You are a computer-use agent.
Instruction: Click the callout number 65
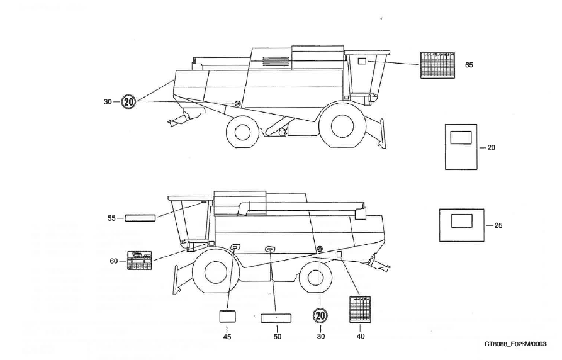pos(469,65)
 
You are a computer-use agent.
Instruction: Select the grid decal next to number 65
pos(437,65)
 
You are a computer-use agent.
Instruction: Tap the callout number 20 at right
pos(492,147)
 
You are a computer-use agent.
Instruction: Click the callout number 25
pos(498,225)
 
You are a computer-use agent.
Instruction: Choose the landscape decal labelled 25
pos(461,225)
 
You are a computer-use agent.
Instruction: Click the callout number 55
pos(111,218)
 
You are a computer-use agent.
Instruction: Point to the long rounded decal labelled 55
pos(140,218)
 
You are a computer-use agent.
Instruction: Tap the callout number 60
pos(114,261)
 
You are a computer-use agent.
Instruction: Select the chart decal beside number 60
pos(139,261)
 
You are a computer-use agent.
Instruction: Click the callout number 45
pos(227,337)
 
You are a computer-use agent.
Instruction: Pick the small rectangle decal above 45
pos(227,317)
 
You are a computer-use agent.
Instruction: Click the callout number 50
pos(277,337)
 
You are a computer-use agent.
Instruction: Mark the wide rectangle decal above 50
pos(277,317)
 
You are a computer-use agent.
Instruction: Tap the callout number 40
pos(361,336)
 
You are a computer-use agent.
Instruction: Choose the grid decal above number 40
pos(360,310)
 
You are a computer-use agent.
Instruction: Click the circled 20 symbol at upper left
pos(129,101)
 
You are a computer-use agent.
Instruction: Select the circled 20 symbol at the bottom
pos(320,315)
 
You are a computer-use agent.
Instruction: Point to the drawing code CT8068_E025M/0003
pos(516,344)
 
